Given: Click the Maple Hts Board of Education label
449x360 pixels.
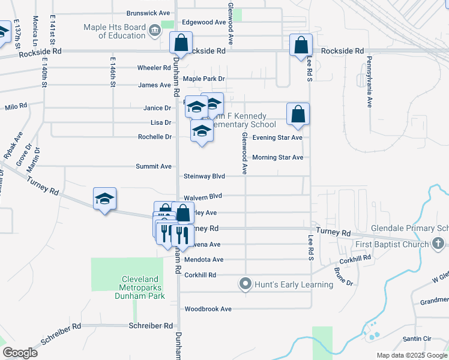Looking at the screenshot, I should pyautogui.click(x=114, y=31).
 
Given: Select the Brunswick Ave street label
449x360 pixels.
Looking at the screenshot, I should pyautogui.click(x=149, y=13).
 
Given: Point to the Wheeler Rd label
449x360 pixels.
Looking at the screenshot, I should pyautogui.click(x=154, y=68).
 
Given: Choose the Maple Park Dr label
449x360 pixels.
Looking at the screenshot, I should pyautogui.click(x=203, y=79).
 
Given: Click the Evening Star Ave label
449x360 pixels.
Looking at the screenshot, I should pyautogui.click(x=277, y=137).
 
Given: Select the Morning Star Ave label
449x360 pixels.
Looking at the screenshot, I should pyautogui.click(x=277, y=157).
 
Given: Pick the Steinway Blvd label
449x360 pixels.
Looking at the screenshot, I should pyautogui.click(x=204, y=176).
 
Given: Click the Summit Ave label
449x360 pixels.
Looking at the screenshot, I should pyautogui.click(x=154, y=166).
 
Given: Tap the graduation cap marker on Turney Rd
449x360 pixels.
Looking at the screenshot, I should pyautogui.click(x=104, y=199).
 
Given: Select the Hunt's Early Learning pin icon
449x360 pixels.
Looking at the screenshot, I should pyautogui.click(x=245, y=284).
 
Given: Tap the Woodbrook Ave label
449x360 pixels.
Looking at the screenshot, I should pyautogui.click(x=208, y=309).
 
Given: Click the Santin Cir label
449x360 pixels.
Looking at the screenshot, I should pyautogui.click(x=417, y=339).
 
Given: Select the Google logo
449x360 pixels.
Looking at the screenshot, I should pyautogui.click(x=20, y=353).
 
